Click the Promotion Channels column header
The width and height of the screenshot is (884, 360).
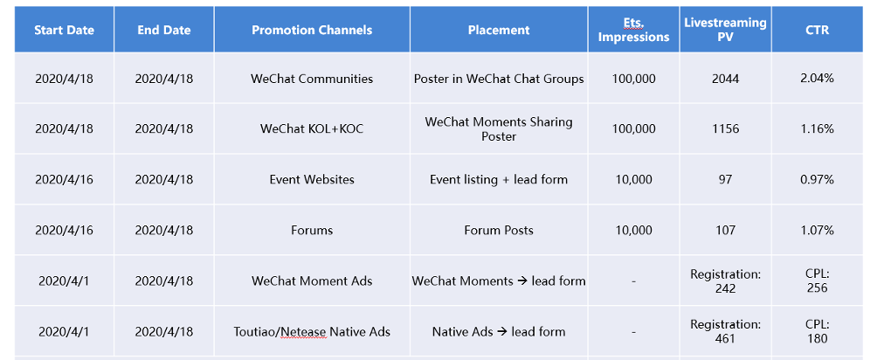pyautogui.click(x=312, y=30)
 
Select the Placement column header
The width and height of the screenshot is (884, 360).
pyautogui.click(x=499, y=30)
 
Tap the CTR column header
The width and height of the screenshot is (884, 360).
pyautogui.click(x=817, y=30)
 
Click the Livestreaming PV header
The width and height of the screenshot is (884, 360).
pyautogui.click(x=725, y=30)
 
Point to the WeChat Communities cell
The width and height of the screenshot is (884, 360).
pyautogui.click(x=312, y=79)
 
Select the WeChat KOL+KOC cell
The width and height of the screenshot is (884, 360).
pyautogui.click(x=312, y=128)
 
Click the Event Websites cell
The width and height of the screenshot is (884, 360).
pyautogui.click(x=312, y=179)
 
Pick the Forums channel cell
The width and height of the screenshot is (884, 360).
pyautogui.click(x=312, y=230)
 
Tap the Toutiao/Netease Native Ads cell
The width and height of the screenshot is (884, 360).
pyautogui.click(x=312, y=332)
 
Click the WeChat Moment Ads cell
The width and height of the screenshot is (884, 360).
pyautogui.click(x=312, y=281)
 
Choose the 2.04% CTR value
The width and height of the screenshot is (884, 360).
pyautogui.click(x=817, y=79)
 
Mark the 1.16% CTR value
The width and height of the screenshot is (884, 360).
pyautogui.click(x=817, y=128)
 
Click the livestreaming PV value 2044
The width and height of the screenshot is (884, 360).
pyautogui.click(x=725, y=79)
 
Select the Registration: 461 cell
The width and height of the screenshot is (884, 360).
pyautogui.click(x=725, y=332)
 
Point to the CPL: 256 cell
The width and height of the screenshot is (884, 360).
pyautogui.click(x=817, y=281)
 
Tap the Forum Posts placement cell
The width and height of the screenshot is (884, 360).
pyautogui.click(x=499, y=230)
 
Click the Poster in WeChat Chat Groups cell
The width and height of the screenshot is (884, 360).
pyautogui.click(x=499, y=79)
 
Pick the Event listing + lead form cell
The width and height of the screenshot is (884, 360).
pyautogui.click(x=499, y=179)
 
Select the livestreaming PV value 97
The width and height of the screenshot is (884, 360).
pyautogui.click(x=725, y=179)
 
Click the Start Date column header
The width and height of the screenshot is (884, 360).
pyautogui.click(x=65, y=30)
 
